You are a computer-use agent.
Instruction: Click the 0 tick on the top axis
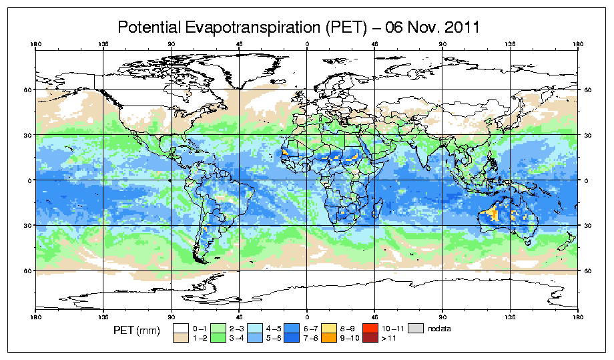(x=307, y=45)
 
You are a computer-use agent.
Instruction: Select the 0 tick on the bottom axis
(x=307, y=315)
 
